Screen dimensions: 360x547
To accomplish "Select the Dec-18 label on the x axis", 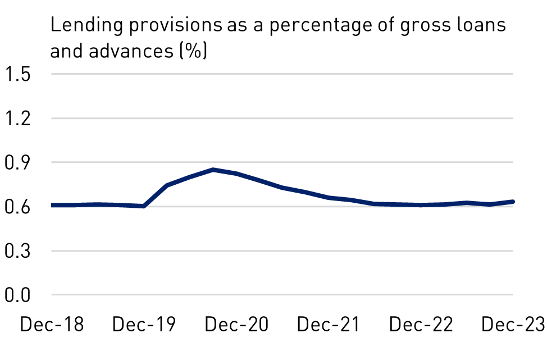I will [52, 325].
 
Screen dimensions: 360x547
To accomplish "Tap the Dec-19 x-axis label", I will [144, 325].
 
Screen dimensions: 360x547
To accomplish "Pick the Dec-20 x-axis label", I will [236, 325].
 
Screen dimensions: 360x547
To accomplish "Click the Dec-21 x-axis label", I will [329, 325].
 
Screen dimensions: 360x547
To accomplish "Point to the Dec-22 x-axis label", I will [421, 325].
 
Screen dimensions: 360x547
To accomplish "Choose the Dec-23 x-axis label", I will [513, 325].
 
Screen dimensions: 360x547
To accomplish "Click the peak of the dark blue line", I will [213, 169].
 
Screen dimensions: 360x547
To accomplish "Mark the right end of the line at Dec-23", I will [512, 202].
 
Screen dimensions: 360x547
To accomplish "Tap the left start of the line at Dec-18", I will [52, 205].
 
